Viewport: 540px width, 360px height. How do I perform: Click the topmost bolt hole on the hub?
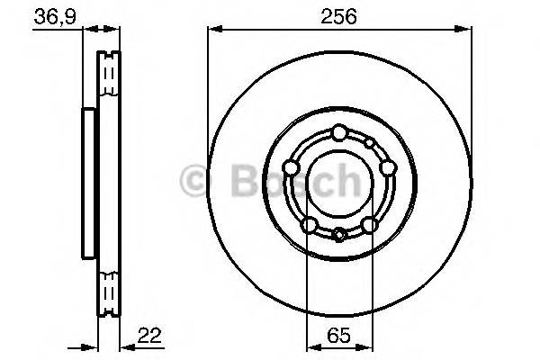pyautogui.click(x=337, y=133)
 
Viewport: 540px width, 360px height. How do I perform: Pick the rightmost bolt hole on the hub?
pyautogui.click(x=387, y=167)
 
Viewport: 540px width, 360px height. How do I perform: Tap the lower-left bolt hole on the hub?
pyautogui.click(x=308, y=224)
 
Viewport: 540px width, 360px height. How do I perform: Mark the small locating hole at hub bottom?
pyautogui.click(x=338, y=235)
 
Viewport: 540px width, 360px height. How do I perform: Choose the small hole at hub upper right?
pyautogui.click(x=369, y=143)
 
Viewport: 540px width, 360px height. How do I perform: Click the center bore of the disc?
pyautogui.click(x=338, y=184)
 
